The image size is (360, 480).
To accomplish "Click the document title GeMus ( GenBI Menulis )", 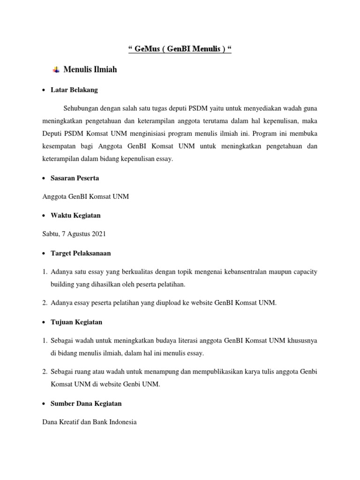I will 180,49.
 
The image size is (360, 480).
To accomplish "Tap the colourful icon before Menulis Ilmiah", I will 56,70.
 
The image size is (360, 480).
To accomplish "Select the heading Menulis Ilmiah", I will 90,70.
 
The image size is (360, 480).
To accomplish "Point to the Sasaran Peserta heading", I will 75,178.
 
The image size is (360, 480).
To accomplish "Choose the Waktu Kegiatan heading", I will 75,216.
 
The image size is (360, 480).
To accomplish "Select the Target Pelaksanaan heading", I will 81,253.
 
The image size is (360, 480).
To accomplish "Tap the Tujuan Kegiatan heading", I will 76,322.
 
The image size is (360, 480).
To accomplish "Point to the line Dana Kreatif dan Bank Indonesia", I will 89,422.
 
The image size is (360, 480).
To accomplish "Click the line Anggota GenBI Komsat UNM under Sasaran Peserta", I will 85,197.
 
